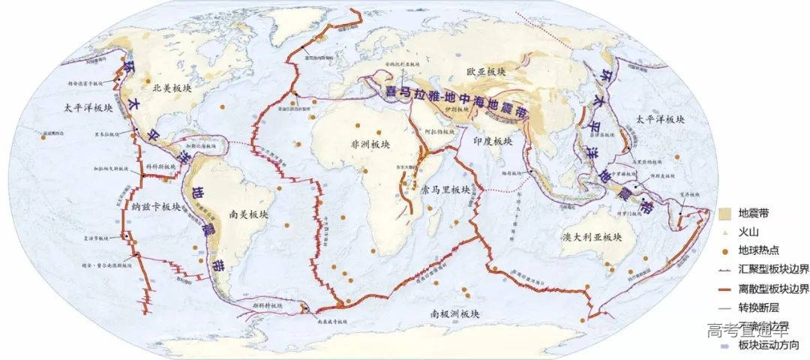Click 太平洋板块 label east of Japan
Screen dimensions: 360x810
coord(661,119)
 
